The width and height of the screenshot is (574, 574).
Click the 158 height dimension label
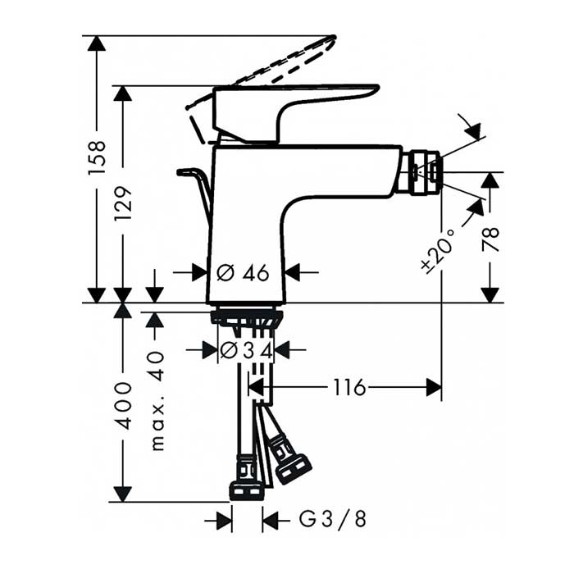(97, 157)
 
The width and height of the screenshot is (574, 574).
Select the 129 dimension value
(123, 203)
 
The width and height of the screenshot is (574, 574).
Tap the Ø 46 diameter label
(243, 273)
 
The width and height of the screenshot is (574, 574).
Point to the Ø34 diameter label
(246, 351)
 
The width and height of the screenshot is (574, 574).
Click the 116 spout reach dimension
(349, 387)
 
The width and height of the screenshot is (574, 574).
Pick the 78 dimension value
(490, 239)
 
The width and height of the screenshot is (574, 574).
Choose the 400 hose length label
(123, 406)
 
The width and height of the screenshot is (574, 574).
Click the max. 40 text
(157, 400)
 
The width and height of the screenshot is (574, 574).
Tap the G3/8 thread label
(332, 519)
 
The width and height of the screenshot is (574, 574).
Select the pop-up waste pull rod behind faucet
(195, 195)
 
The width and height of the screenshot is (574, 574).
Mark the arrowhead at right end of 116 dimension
(434, 387)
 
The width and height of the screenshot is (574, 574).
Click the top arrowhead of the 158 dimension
(97, 43)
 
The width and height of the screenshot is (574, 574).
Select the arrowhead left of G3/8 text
(224, 521)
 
